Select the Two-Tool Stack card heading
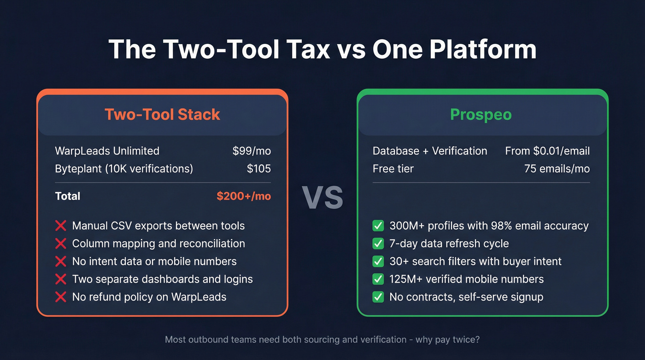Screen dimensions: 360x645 point(162,114)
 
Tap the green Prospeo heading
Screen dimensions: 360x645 point(481,114)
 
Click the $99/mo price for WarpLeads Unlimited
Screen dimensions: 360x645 point(252,151)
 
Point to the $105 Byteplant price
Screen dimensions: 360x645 point(258,169)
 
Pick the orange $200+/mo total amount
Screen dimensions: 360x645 point(244,196)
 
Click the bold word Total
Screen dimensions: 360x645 point(68,196)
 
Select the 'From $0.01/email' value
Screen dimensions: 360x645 point(547,151)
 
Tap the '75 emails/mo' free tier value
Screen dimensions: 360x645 point(557,169)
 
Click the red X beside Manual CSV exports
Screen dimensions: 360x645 point(60,226)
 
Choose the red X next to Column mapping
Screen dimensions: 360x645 point(60,244)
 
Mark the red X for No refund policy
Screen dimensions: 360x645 point(60,297)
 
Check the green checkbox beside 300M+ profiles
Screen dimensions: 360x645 point(378,226)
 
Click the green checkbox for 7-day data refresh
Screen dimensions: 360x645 point(378,243)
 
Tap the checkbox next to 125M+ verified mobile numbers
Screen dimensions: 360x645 point(378,279)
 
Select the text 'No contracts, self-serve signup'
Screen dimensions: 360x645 point(466,297)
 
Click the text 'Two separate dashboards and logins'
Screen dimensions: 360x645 point(162,279)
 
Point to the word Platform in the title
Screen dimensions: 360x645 point(483,49)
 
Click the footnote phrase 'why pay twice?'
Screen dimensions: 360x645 point(448,340)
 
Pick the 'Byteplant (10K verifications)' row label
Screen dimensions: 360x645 point(124,169)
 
